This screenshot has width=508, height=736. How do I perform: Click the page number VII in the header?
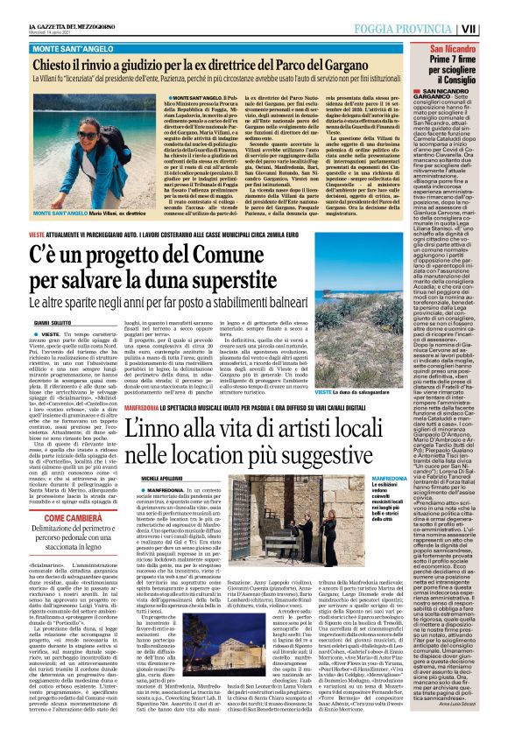[x=493, y=29]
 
